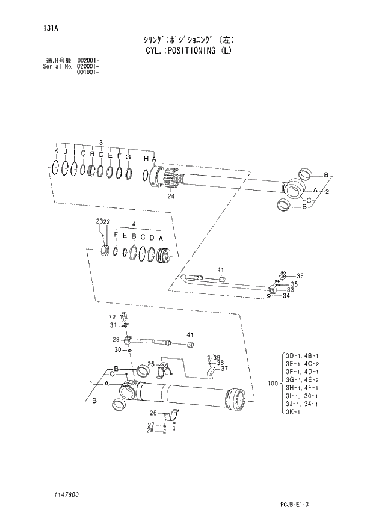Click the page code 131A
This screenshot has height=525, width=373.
(43, 28)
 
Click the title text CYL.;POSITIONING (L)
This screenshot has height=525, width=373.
(188, 51)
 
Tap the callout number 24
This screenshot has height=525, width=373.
(171, 196)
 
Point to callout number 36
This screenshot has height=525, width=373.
(300, 276)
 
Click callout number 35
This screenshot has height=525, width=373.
(294, 284)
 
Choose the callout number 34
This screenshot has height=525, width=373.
(287, 295)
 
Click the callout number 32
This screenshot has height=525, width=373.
(112, 317)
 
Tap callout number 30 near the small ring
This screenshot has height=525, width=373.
(119, 349)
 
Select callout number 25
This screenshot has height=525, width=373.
(151, 364)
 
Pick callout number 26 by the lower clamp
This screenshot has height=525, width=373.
(153, 413)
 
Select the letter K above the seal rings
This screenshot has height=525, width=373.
(57, 150)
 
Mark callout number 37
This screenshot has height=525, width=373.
(224, 369)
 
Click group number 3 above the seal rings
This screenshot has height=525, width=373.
(102, 142)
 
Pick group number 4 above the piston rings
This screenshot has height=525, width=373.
(134, 224)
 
